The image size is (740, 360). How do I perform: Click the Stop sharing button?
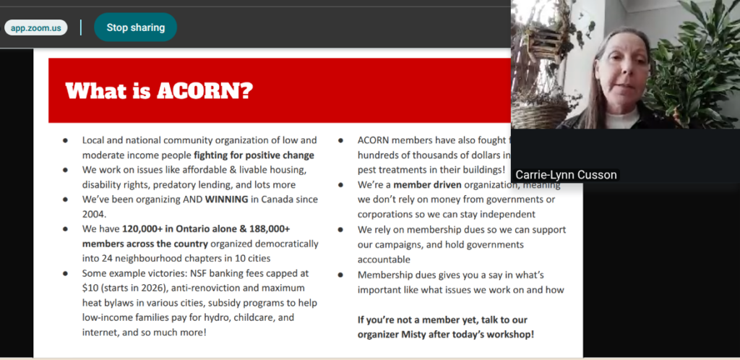click(135, 27)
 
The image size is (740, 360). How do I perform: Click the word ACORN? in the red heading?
click(208, 91)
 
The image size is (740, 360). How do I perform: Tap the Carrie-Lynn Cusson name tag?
click(566, 175)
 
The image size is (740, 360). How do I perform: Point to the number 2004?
click(95, 214)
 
